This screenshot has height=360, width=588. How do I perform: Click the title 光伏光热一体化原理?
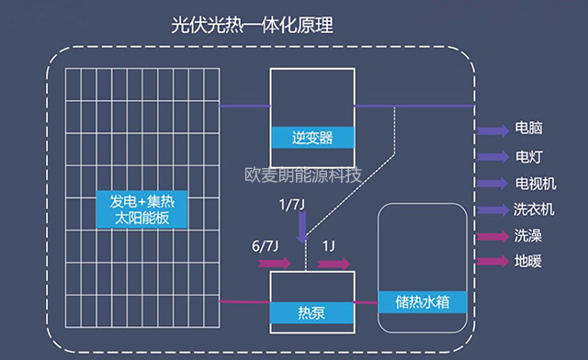[x=252, y=25]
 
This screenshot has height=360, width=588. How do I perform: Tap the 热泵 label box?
[x=313, y=309]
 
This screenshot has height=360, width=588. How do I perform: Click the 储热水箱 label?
[x=422, y=302]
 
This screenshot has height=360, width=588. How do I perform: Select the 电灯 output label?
[x=527, y=156]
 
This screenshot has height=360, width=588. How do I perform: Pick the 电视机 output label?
[x=534, y=183]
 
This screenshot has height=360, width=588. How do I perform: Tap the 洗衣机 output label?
[x=534, y=209]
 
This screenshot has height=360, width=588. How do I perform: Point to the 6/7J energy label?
[x=266, y=247]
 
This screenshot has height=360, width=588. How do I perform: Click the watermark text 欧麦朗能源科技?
[x=304, y=174]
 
